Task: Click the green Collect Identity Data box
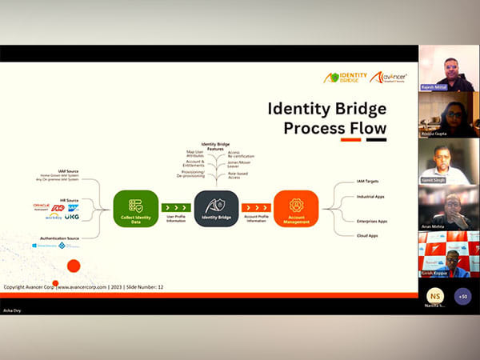point(135,207)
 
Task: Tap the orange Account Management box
point(295,207)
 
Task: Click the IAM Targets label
point(368,182)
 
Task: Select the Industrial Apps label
point(370,196)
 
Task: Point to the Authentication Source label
point(58,238)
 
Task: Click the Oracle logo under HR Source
point(42,206)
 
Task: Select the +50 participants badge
point(462,295)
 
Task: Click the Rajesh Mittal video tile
point(449,68)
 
